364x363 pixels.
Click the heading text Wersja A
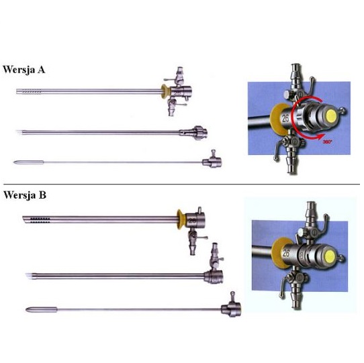[x=24, y=69]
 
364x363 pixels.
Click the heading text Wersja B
[x=25, y=195]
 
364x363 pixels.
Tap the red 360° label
[x=327, y=142]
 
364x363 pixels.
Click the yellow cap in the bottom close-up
[x=330, y=256]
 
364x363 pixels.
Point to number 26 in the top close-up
[x=285, y=118]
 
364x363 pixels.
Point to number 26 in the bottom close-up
[x=286, y=253]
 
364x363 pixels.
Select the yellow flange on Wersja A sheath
[x=166, y=91]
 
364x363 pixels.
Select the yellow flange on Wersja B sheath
[x=181, y=219]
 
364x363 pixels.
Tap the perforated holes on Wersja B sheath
[x=40, y=220]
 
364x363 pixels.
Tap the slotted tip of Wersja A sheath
[x=29, y=91]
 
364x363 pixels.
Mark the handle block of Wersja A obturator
[x=212, y=162]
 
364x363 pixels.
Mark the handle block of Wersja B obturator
[x=231, y=309]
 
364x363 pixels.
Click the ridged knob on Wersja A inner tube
[x=199, y=133]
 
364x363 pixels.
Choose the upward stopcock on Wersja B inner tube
[x=215, y=256]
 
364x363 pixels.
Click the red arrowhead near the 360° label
[x=320, y=136]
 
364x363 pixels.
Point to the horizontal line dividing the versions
[x=182, y=184]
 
